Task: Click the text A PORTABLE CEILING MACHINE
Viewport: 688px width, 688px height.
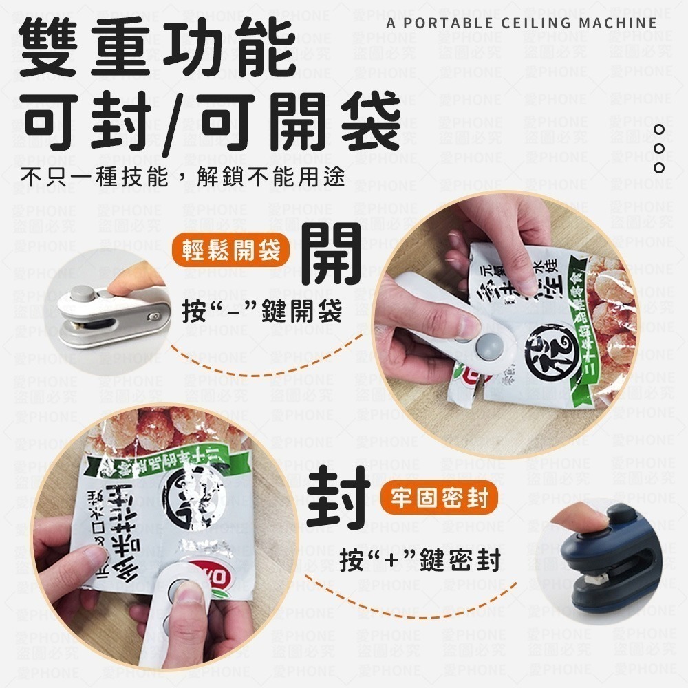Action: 522,23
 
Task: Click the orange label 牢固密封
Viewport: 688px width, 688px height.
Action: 438,498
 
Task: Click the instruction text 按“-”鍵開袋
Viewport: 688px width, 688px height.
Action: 262,313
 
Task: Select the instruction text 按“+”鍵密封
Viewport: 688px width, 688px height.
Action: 419,558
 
